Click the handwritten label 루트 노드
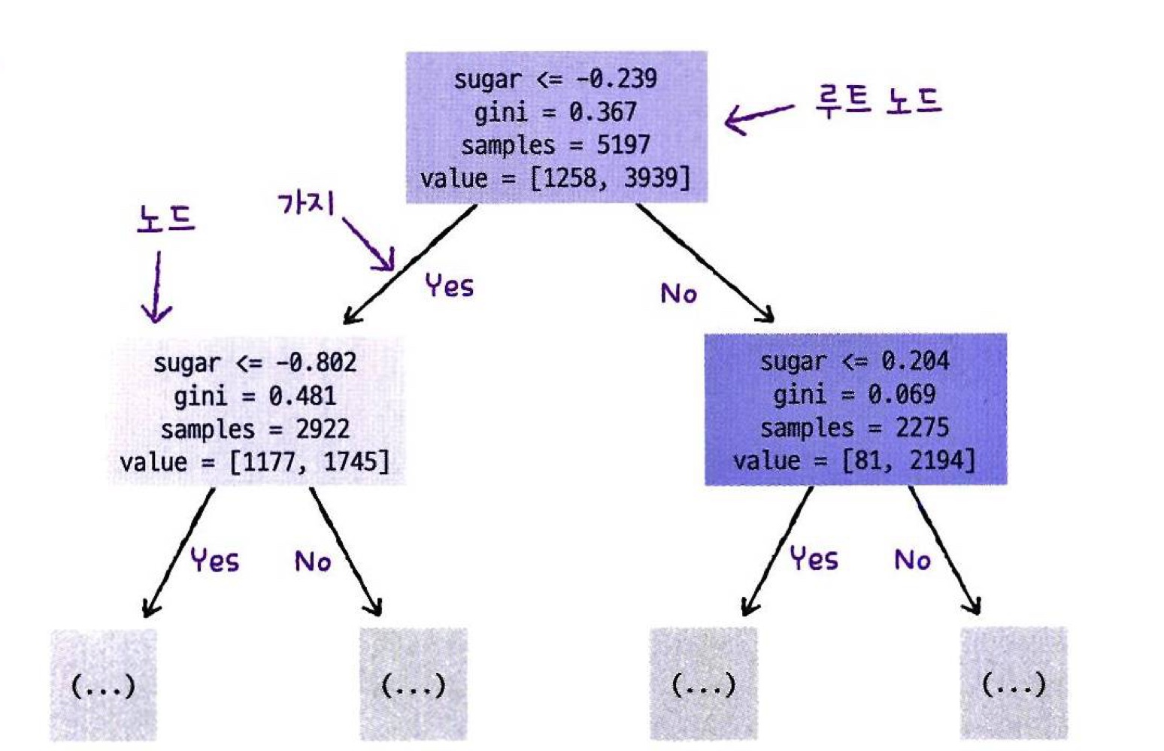[878, 101]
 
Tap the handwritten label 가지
[306, 203]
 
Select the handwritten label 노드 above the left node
[166, 219]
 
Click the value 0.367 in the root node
[602, 113]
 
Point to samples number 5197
[623, 145]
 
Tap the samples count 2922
[323, 429]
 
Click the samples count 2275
[922, 428]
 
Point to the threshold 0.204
[915, 362]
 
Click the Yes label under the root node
[449, 286]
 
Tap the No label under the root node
[678, 293]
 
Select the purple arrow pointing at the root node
[758, 118]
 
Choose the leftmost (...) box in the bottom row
[103, 685]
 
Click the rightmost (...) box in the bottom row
[1014, 683]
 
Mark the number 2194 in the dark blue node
[942, 461]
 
